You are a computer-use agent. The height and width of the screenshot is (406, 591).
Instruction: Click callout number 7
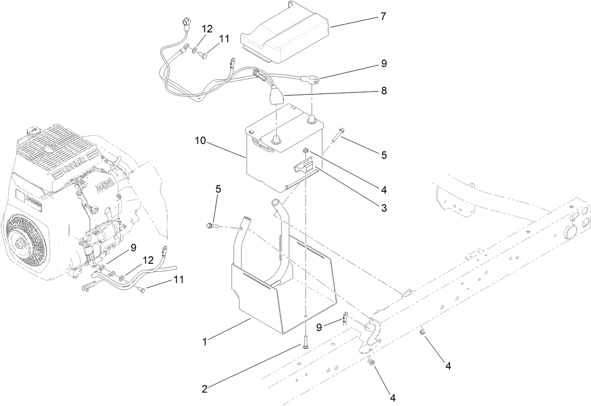coord(383,17)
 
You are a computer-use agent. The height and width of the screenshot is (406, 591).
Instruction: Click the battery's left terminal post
coord(276,139)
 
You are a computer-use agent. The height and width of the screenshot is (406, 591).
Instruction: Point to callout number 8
coord(384,91)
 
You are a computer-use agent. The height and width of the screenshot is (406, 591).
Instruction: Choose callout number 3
coord(384,207)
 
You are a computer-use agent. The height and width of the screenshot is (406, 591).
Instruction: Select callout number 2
coord(205,389)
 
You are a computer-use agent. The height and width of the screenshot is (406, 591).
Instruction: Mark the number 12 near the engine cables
coord(148,259)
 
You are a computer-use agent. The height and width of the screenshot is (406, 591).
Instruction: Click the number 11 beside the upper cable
coord(224,39)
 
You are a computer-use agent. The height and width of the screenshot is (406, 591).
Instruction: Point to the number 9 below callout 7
coord(384,64)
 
